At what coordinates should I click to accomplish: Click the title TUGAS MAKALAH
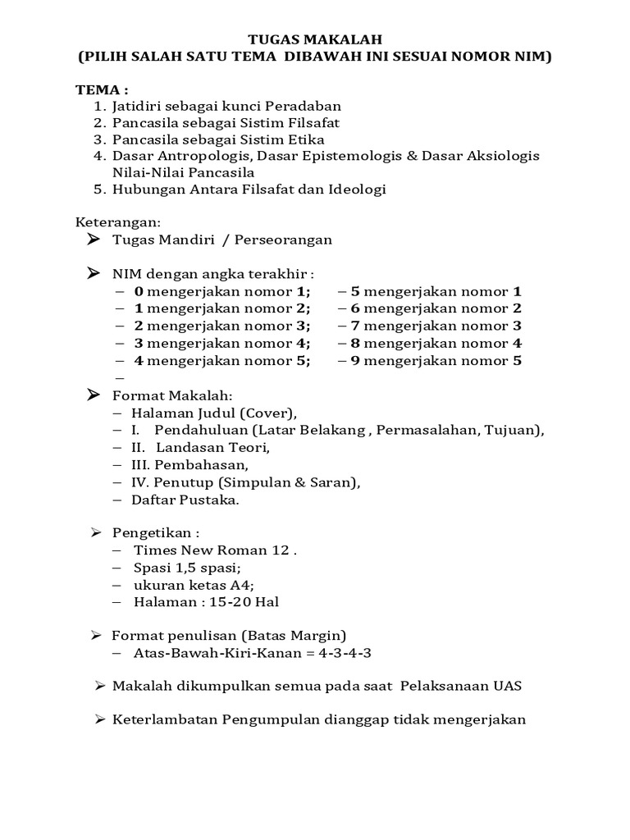[x=315, y=39]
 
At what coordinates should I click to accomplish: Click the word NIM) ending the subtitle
[x=532, y=57]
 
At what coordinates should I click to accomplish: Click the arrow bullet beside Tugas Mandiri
[x=93, y=239]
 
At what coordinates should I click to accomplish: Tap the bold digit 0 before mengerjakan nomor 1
[x=139, y=291]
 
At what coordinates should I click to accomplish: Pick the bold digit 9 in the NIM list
[x=355, y=360]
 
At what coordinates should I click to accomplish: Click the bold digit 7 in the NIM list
[x=355, y=326]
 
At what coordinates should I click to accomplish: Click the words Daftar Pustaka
[x=185, y=500]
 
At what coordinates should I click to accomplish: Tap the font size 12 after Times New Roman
[x=281, y=550]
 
